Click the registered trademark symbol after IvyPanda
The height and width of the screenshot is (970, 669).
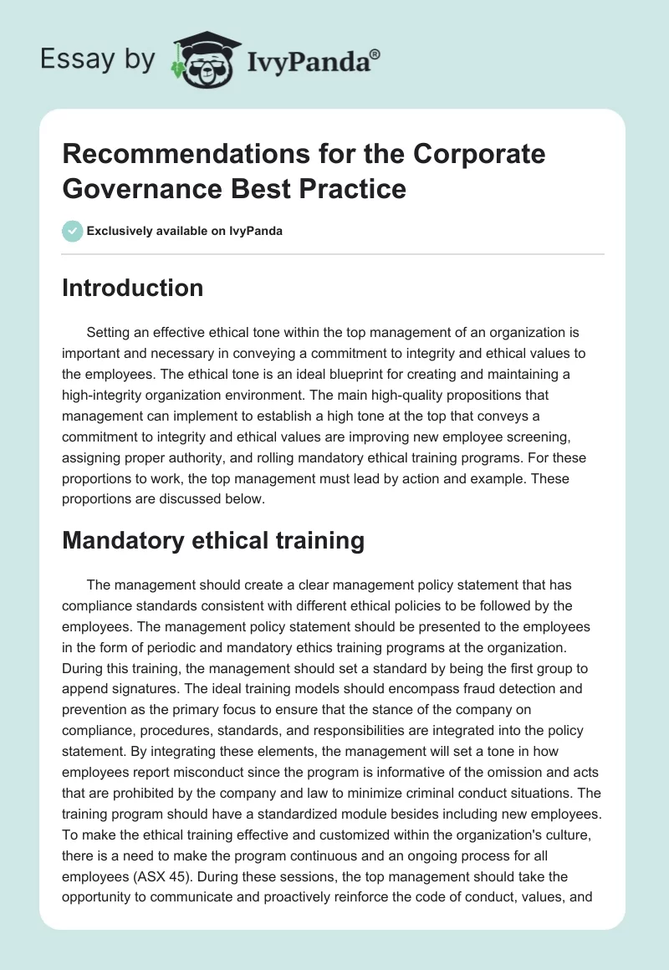[375, 54]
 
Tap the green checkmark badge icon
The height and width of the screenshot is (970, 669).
[73, 231]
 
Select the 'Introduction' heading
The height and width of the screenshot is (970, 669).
[133, 288]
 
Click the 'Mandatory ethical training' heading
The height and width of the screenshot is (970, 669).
[213, 541]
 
